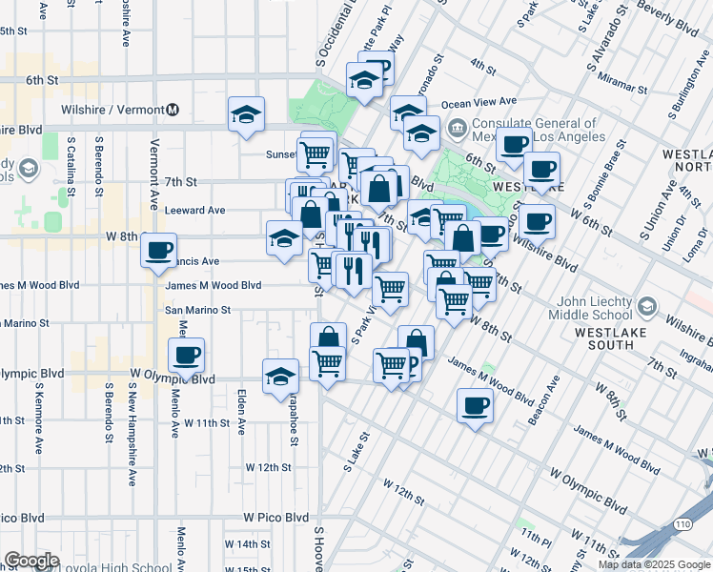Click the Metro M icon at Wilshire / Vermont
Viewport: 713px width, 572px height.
(173, 109)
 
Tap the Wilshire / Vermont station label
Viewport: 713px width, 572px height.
(112, 109)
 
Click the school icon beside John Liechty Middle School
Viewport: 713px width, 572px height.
(647, 306)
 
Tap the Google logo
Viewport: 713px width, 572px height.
(31, 561)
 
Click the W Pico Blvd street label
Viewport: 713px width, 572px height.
(275, 517)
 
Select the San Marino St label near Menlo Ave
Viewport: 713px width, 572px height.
(198, 310)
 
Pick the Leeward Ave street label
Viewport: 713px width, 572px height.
(195, 210)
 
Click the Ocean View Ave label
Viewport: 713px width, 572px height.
(479, 101)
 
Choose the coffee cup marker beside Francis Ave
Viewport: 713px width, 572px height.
(158, 251)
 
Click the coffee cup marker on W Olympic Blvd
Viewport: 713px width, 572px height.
(186, 356)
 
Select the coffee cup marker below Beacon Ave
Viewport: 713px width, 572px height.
(475, 407)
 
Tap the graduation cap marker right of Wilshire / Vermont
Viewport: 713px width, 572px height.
(246, 115)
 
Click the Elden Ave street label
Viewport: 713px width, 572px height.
(242, 409)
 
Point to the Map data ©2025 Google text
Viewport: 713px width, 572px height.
(654, 564)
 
